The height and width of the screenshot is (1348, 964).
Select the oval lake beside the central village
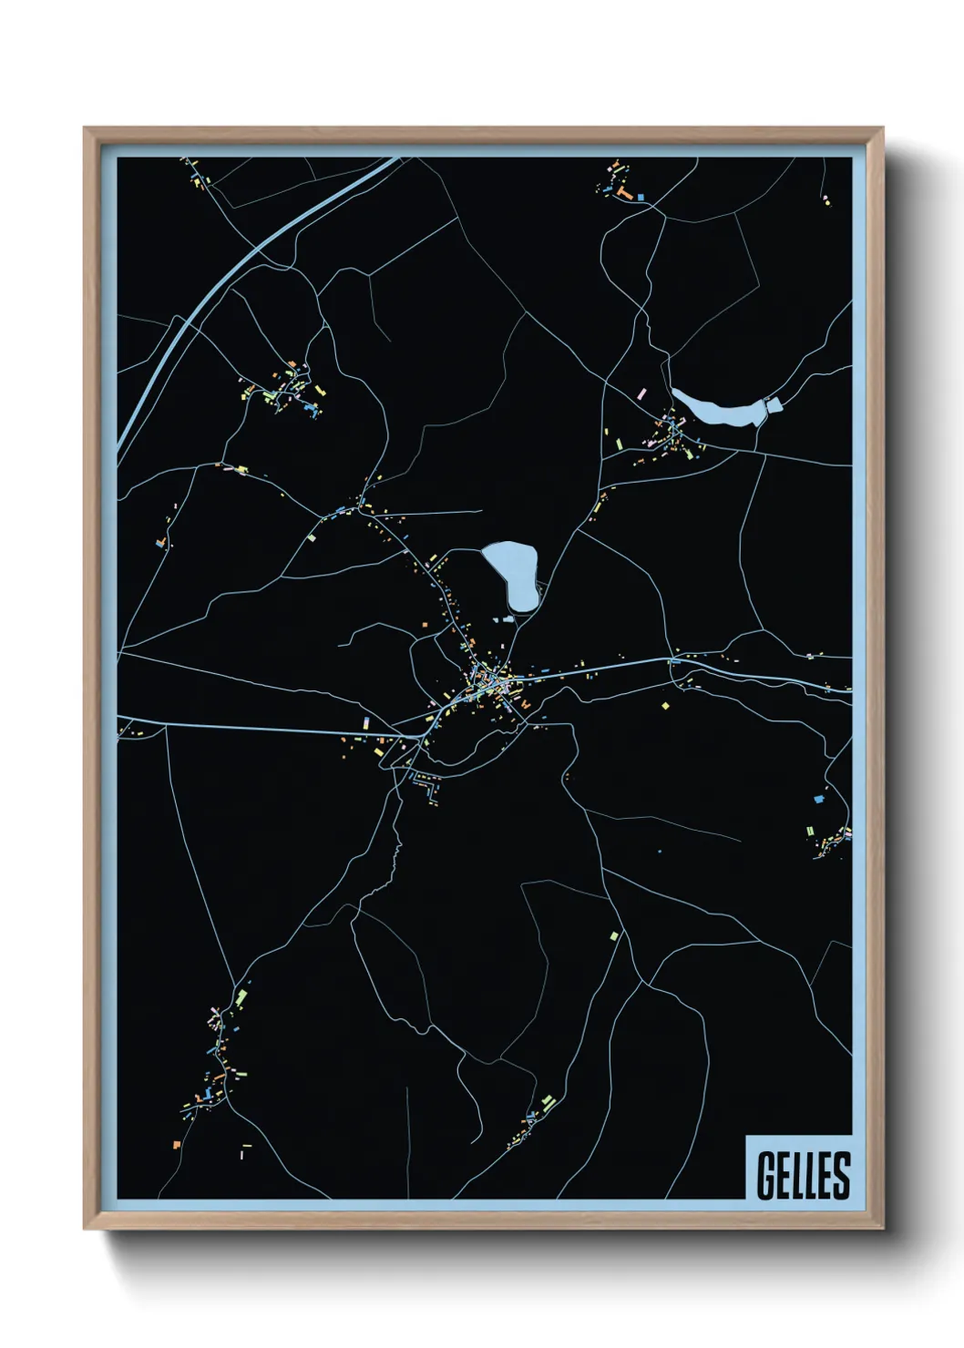(512, 575)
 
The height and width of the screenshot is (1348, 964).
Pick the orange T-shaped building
(624, 193)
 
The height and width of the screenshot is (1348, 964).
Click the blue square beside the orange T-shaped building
(641, 197)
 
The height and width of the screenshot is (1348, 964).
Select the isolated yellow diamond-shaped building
(665, 705)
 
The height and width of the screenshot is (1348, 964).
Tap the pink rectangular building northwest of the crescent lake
(641, 393)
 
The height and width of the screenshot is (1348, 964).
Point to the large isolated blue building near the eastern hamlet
(818, 799)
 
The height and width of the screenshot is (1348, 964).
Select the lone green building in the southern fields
(614, 935)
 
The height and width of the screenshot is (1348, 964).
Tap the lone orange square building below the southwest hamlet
(177, 1144)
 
